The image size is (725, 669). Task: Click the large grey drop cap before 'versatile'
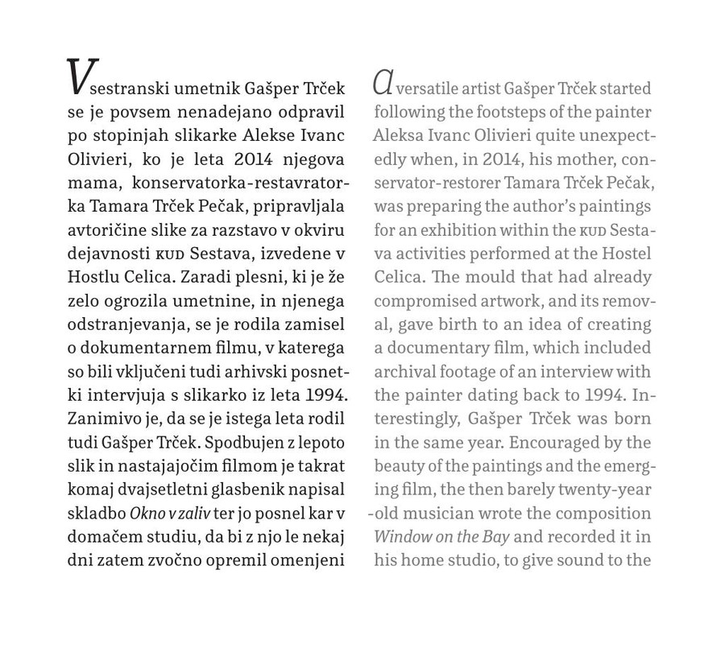(383, 81)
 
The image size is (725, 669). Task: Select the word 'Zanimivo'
(100, 418)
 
